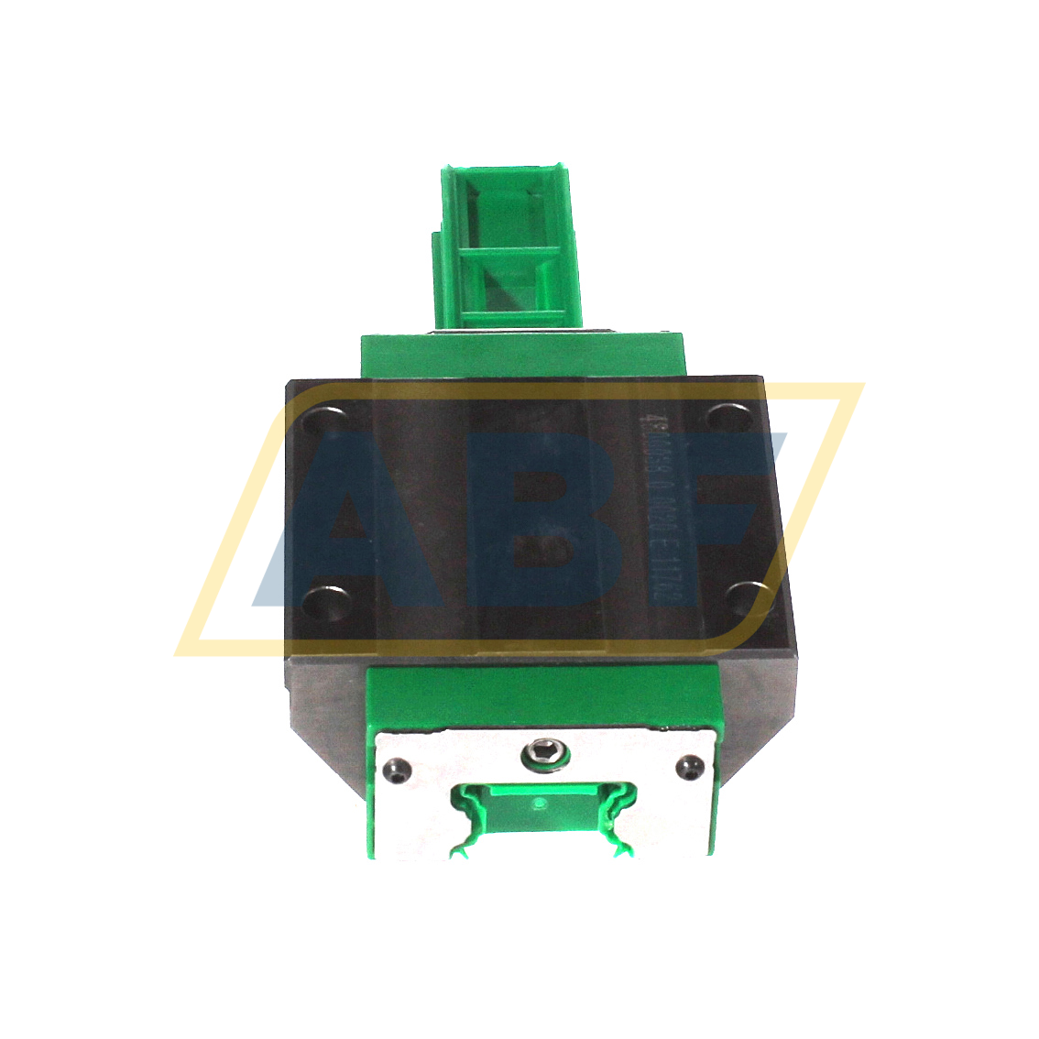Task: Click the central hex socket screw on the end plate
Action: [544, 755]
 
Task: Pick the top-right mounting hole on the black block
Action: [727, 417]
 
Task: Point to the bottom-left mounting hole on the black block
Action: [325, 602]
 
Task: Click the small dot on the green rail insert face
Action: [539, 804]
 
